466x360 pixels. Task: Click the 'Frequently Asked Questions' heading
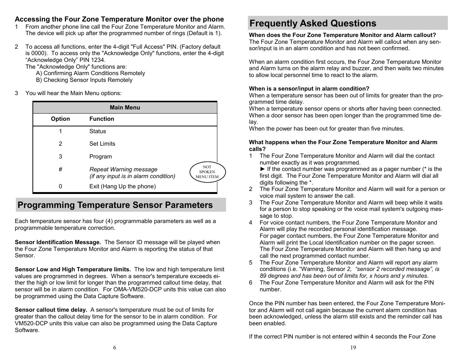(x=313, y=23)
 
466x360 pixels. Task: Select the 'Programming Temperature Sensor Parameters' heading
(x=115, y=205)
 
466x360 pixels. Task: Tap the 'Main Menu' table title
(x=125, y=108)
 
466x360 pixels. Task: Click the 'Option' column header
(x=60, y=119)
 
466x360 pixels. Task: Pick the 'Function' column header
(x=102, y=119)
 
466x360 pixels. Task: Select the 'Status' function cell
(x=98, y=131)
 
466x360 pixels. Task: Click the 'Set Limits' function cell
(x=102, y=144)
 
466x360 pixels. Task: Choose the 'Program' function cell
(x=100, y=157)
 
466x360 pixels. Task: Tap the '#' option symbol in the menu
(x=60, y=169)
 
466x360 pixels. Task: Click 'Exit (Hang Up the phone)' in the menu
(x=122, y=186)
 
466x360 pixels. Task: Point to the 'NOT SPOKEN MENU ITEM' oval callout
(x=207, y=172)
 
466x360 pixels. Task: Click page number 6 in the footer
(x=115, y=348)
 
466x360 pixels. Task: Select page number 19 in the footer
(x=353, y=348)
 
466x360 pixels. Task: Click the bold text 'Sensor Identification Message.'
(x=58, y=242)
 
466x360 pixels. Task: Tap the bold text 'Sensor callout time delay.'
(x=51, y=310)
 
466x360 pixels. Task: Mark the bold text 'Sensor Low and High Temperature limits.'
(x=73, y=269)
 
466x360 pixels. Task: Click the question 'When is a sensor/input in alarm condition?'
(x=309, y=89)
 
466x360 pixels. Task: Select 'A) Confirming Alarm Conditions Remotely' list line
(x=91, y=73)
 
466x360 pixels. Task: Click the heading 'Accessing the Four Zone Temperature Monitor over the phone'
(x=119, y=19)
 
